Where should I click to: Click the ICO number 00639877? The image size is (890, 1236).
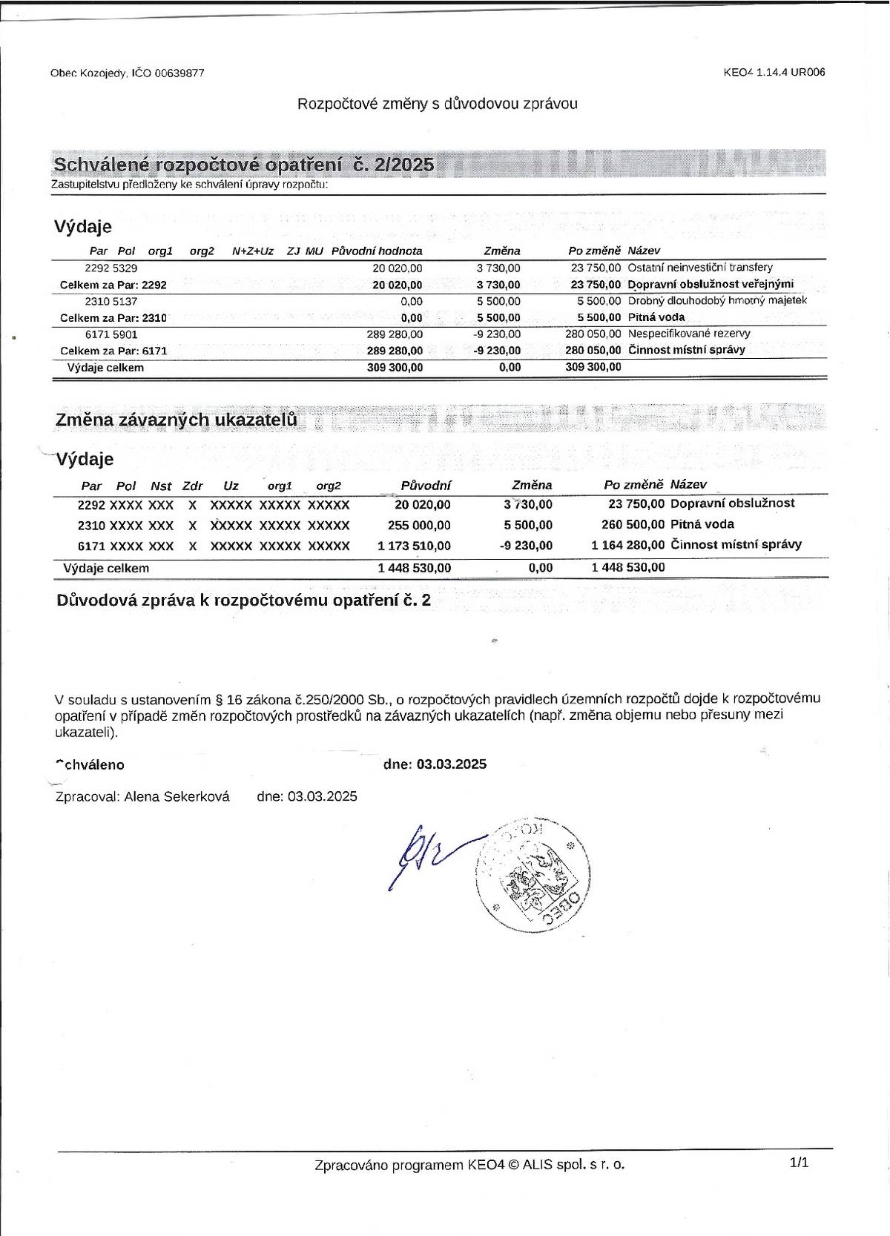tap(179, 73)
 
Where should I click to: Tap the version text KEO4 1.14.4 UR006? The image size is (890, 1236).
tap(774, 72)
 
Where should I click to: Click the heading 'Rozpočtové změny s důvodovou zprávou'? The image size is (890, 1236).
tap(437, 104)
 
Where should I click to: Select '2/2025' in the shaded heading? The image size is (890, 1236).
tap(404, 165)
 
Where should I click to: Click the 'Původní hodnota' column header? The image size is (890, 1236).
tap(377, 251)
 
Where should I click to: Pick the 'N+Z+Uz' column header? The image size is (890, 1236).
tap(253, 251)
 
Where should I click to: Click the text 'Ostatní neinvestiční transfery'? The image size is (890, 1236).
tap(700, 268)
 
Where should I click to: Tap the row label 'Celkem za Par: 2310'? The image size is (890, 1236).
tap(113, 318)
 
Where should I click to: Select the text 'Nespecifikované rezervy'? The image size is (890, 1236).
tap(689, 334)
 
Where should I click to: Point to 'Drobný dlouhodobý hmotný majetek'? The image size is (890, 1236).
tap(717, 300)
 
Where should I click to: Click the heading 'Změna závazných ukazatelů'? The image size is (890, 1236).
tap(177, 420)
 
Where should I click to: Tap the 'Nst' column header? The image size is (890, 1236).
tap(161, 486)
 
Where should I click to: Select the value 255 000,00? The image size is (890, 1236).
tap(419, 526)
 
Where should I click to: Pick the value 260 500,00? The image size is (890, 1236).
tap(633, 525)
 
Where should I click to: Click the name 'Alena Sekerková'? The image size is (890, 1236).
tap(177, 796)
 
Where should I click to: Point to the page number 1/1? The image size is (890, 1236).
tap(799, 1163)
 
